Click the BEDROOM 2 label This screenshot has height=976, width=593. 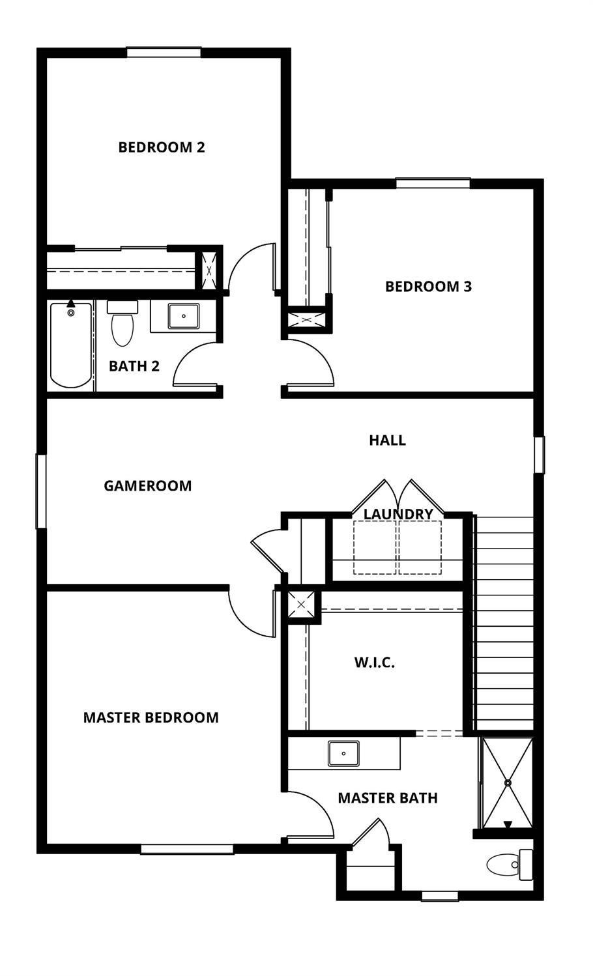click(x=162, y=147)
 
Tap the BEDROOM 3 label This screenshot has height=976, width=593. click(x=428, y=287)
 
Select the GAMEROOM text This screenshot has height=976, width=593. click(x=148, y=486)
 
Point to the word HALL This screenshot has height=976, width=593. click(x=387, y=440)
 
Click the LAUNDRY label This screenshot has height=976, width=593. click(x=398, y=514)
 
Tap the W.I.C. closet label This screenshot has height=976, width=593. click(x=375, y=663)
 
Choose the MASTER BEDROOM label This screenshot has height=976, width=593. click(x=151, y=718)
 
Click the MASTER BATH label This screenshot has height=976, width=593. click(x=388, y=798)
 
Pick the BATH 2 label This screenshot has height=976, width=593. click(x=134, y=366)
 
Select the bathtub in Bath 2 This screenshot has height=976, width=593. click(x=71, y=345)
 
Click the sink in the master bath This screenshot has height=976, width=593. click(x=343, y=754)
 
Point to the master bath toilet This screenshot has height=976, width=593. click(x=510, y=865)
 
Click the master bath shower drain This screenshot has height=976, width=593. click(x=507, y=782)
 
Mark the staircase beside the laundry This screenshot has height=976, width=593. click(x=503, y=622)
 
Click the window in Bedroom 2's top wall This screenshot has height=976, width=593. click(x=164, y=52)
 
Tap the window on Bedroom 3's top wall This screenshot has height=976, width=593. click(x=433, y=183)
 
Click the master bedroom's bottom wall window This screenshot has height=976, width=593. click(x=187, y=849)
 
